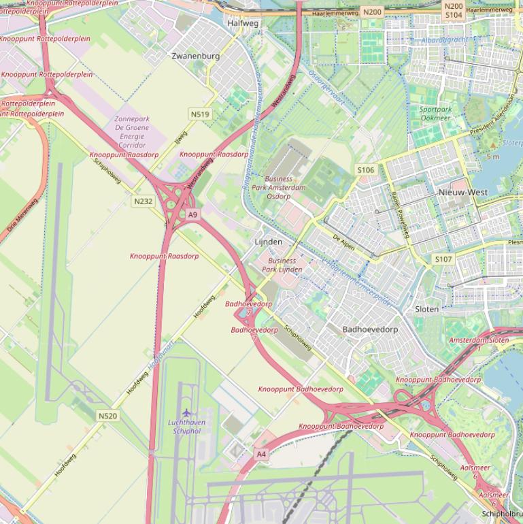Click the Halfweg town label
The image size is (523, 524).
point(243,23)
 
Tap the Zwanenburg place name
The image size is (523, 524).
point(196,56)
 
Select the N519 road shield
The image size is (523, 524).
point(200,114)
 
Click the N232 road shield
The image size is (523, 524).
point(144,201)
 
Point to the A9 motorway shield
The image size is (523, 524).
point(192,215)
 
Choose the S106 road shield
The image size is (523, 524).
point(365,170)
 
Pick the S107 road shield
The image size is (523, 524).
point(443,259)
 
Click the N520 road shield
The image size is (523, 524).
point(107,416)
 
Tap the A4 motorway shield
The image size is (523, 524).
point(261,454)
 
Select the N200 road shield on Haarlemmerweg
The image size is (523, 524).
point(372,12)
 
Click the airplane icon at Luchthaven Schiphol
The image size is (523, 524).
point(186,412)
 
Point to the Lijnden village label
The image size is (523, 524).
point(268,242)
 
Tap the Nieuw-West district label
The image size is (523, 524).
point(462,193)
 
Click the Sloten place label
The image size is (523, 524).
point(427,309)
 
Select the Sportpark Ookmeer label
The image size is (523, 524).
point(435,114)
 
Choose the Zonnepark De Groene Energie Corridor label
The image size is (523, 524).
point(132,132)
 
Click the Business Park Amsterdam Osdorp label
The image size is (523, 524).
point(279,188)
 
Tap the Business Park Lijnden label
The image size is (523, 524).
point(282,265)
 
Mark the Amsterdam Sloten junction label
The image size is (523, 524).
point(479,340)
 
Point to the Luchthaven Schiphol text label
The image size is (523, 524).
point(186,427)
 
